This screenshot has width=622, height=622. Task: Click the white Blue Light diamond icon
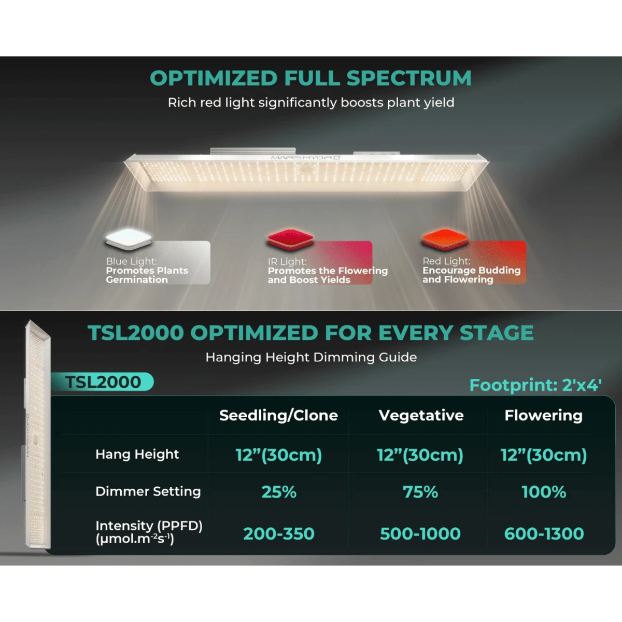coord(129,239)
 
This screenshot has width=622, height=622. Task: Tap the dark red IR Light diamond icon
coord(290,239)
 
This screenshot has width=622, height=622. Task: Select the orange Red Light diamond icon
coord(445,239)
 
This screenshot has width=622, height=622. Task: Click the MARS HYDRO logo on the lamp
coord(305,158)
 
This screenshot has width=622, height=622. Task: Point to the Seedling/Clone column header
coord(278,415)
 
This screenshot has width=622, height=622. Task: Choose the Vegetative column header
coord(421,415)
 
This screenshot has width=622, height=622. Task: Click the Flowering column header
coord(544,415)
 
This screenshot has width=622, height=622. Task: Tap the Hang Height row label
coord(137,454)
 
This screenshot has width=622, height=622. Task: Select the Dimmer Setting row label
coord(148,491)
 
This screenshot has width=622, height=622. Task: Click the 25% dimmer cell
coord(279,492)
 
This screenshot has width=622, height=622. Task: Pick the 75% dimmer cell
coord(420,492)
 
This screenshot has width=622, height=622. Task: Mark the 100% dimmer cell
coord(544,492)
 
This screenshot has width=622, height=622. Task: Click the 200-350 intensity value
coord(279,533)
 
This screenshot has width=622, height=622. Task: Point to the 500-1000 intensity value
coord(420,533)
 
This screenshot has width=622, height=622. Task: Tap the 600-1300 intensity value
coord(544,533)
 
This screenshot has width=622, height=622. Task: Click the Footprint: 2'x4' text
coord(535,385)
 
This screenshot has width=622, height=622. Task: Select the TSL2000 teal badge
coord(102,382)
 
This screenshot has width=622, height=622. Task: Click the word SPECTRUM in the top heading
coord(409,78)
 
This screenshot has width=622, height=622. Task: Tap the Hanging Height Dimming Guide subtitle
coord(311,357)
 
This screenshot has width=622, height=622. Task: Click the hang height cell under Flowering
coord(544,455)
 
